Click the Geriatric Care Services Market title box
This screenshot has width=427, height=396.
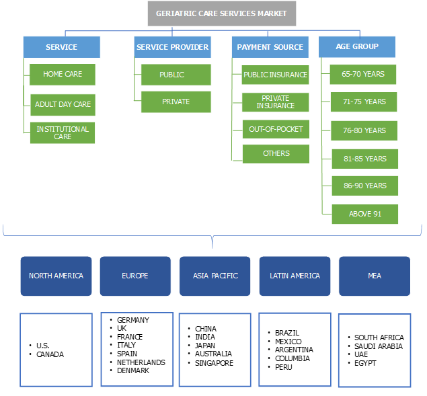pos(221,13)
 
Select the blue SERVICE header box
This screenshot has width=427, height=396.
pos(61,47)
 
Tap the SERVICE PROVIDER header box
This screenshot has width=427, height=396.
pos(172,47)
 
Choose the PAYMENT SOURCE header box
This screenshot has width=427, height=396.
pos(270,47)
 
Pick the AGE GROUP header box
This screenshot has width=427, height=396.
pos(356,46)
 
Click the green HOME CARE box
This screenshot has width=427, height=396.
pos(63,74)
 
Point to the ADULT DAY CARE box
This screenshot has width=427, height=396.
pos(63,104)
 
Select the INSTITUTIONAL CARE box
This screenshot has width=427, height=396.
pos(63,132)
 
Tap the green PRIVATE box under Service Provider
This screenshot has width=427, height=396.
pos(176,102)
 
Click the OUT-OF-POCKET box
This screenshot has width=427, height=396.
pos(276,129)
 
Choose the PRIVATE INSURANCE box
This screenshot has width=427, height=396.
pos(276,102)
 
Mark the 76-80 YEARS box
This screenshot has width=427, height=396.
pos(364,130)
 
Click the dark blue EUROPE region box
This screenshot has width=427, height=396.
pos(135,276)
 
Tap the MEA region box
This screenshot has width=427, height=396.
pos(374,276)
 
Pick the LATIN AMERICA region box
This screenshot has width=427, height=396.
pos(295,276)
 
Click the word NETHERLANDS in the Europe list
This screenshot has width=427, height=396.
pos(141,362)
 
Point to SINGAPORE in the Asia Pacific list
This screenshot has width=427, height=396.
pos(214,363)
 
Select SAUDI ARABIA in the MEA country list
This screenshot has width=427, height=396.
pos(379,346)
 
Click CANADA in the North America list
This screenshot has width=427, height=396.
pos(50,354)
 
